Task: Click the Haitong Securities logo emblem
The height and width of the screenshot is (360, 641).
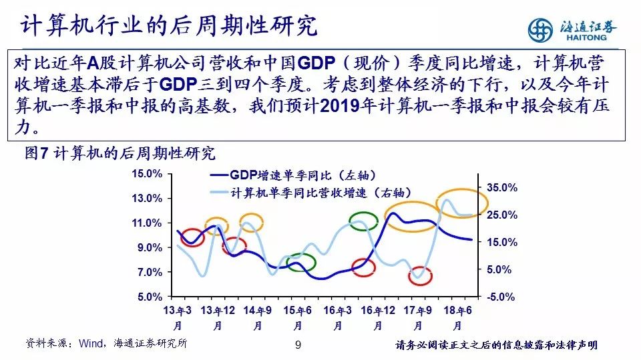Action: click(x=540, y=30)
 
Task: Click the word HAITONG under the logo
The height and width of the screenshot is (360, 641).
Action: click(x=586, y=37)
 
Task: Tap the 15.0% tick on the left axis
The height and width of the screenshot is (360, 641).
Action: click(x=147, y=173)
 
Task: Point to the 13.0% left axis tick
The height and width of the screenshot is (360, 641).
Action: click(x=147, y=199)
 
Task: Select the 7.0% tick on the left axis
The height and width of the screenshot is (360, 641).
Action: click(x=150, y=272)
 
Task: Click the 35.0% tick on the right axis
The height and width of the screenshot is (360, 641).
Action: click(x=501, y=188)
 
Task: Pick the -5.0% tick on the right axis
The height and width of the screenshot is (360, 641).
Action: click(x=501, y=297)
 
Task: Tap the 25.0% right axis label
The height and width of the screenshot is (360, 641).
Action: click(x=501, y=215)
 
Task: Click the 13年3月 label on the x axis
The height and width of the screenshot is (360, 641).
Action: click(x=177, y=318)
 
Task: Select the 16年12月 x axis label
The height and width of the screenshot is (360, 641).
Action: click(x=378, y=318)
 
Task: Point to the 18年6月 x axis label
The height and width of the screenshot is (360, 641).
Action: click(x=457, y=318)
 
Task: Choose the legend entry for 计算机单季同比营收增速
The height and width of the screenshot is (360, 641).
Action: click(x=310, y=192)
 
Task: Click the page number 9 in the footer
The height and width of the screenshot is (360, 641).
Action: click(x=298, y=345)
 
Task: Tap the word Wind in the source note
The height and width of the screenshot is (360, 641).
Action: click(x=91, y=343)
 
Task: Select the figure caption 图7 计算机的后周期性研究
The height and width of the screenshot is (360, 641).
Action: click(x=120, y=153)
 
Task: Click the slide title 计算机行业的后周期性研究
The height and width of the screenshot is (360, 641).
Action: click(x=168, y=25)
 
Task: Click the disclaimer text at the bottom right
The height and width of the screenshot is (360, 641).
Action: click(x=496, y=345)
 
